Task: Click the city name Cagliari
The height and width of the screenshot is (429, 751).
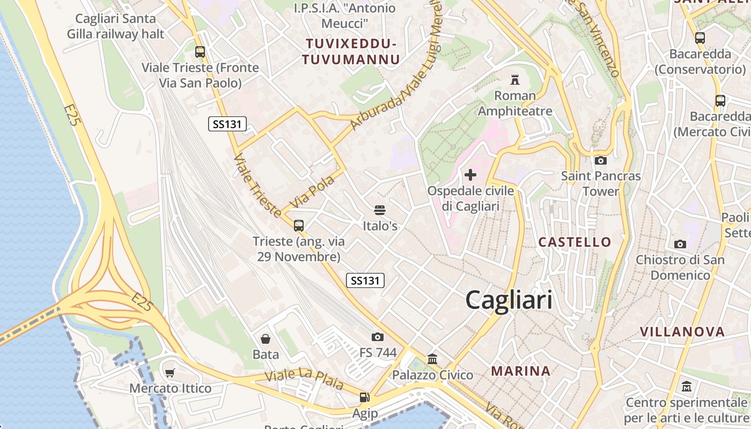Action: pyautogui.click(x=509, y=299)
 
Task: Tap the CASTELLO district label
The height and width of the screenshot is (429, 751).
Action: pyautogui.click(x=575, y=242)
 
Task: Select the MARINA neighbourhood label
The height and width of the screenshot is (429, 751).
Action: pyautogui.click(x=521, y=371)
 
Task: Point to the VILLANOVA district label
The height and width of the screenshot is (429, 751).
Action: pyautogui.click(x=682, y=331)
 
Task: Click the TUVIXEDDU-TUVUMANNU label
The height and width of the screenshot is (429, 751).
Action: pyautogui.click(x=351, y=51)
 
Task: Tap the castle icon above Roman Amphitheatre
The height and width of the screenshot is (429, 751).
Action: pyautogui.click(x=515, y=80)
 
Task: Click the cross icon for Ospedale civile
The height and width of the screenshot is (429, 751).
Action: pyautogui.click(x=470, y=175)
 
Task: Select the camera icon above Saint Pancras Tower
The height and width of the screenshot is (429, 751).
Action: pyautogui.click(x=601, y=160)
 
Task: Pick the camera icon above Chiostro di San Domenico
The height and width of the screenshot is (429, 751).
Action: pyautogui.click(x=680, y=244)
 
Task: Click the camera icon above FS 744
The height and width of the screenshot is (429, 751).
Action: pyautogui.click(x=378, y=337)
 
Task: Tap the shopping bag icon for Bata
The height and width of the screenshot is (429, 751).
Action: pyautogui.click(x=266, y=339)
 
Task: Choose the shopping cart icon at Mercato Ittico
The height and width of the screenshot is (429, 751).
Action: pyautogui.click(x=170, y=373)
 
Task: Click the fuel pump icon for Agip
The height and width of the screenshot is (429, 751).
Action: pyautogui.click(x=364, y=397)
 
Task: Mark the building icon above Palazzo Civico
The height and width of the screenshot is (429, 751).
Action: pyautogui.click(x=432, y=359)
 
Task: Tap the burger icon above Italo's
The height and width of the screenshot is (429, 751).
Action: pyautogui.click(x=380, y=210)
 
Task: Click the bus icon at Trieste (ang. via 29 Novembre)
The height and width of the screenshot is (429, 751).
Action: pyautogui.click(x=299, y=226)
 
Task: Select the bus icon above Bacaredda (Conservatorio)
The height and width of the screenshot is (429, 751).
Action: pyautogui.click(x=700, y=38)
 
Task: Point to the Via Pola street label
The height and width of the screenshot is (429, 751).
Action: pyautogui.click(x=312, y=191)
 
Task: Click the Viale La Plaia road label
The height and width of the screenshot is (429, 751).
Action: pyautogui.click(x=304, y=379)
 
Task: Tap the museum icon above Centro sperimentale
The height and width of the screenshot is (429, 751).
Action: pyautogui.click(x=687, y=386)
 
